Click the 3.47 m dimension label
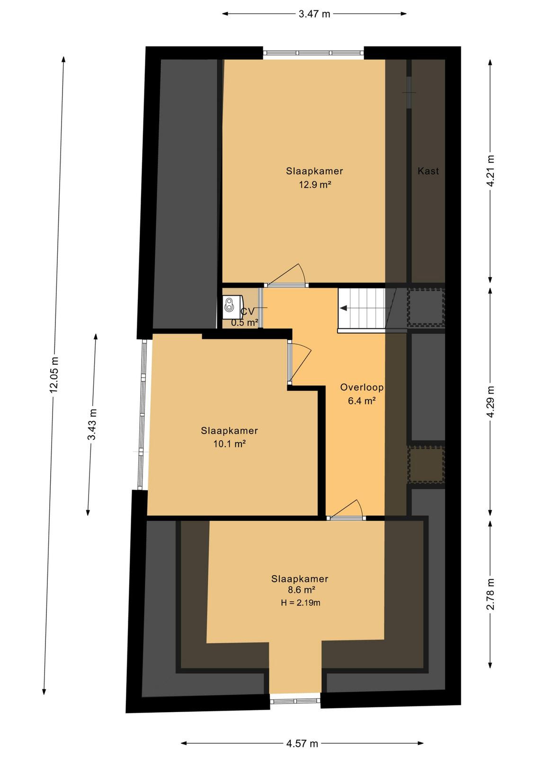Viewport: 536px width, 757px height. [314, 14]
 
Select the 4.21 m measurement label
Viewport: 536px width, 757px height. [491, 171]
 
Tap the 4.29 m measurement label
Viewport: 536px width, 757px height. [491, 402]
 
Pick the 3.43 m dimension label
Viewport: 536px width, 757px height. [92, 425]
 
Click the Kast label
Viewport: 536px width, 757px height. [428, 171]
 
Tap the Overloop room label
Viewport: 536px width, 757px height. [362, 387]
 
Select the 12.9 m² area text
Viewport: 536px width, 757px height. [314, 185]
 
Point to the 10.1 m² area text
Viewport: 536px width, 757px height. [229, 444]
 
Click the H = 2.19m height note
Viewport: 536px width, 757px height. [300, 602]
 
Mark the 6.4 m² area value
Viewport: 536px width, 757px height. [362, 401]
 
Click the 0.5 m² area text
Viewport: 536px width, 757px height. [245, 323]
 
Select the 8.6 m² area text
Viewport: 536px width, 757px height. [300, 590]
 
